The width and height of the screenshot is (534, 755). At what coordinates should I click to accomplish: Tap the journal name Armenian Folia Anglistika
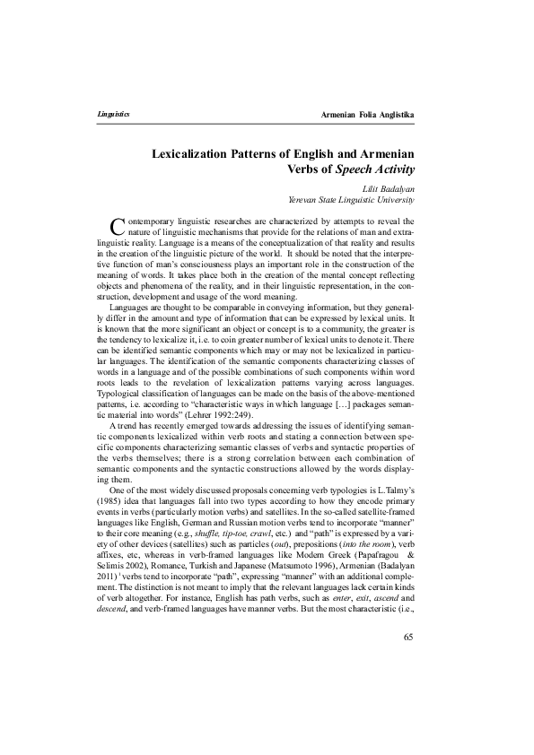[x=365, y=117]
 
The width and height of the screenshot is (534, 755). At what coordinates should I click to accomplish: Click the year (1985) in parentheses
[x=109, y=506]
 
